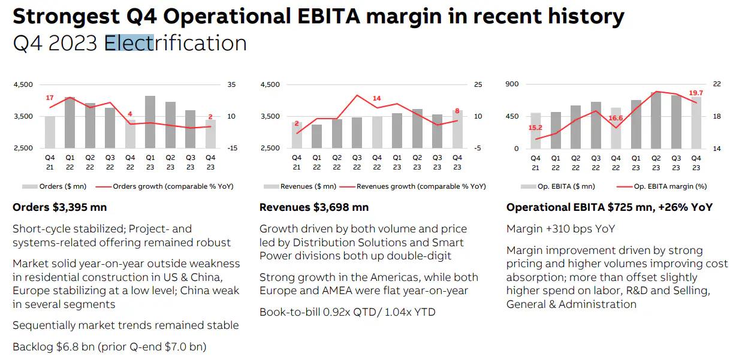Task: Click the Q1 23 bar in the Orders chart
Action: (x=150, y=122)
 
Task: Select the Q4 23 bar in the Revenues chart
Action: (x=457, y=129)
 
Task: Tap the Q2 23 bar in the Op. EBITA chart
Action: (x=656, y=120)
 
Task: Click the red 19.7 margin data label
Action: (x=696, y=93)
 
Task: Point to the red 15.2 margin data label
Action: (x=535, y=128)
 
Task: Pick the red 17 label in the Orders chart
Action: (x=50, y=98)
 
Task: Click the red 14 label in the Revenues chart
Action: (x=376, y=98)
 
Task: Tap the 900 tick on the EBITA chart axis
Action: (x=512, y=84)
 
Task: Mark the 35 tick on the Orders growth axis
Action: (x=231, y=84)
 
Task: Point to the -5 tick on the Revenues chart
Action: (x=478, y=148)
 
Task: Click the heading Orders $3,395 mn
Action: (x=60, y=207)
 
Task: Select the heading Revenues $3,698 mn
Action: (x=314, y=207)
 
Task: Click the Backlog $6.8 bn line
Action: (x=110, y=346)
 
